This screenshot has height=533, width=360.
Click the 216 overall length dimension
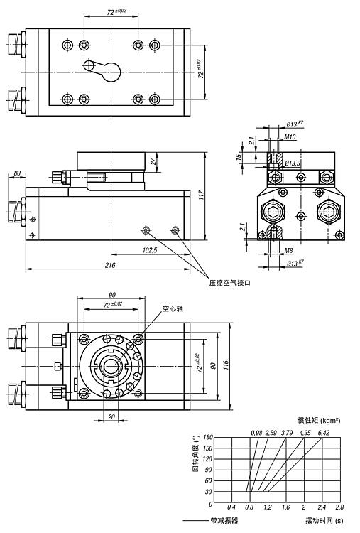point(110,265)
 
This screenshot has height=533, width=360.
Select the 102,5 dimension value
point(150,250)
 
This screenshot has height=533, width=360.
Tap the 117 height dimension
point(202,195)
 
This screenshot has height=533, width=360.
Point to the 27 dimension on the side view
point(154,161)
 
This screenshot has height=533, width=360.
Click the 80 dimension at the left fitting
point(17,173)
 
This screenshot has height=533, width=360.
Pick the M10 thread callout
point(290,137)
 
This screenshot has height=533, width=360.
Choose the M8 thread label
point(288,251)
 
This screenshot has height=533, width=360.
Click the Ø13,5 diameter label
point(293,163)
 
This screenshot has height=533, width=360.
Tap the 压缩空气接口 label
point(230,283)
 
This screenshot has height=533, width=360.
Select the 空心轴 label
point(173,308)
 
